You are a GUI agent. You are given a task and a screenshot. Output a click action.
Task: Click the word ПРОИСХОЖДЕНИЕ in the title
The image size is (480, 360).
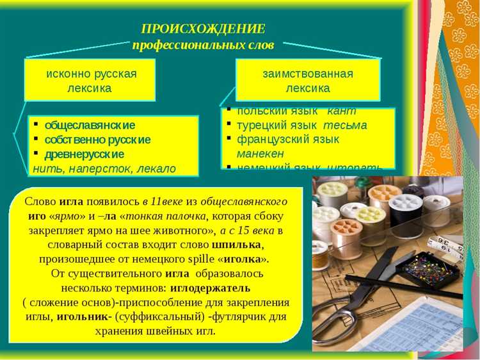(203, 29)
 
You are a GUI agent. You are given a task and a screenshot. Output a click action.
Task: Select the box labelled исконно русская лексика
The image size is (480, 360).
(90, 80)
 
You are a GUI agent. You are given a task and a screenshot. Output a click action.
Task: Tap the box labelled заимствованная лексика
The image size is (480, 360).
(307, 80)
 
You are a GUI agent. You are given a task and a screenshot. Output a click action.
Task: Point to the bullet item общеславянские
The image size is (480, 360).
(90, 125)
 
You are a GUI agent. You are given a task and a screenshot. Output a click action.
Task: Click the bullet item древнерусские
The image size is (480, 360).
(84, 154)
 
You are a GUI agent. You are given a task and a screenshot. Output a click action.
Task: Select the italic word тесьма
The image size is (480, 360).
(345, 125)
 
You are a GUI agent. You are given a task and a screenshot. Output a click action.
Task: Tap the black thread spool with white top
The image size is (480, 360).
(406, 214)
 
